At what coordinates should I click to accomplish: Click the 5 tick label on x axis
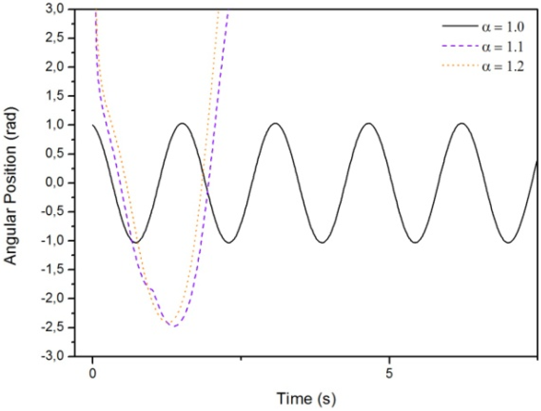coord(389,373)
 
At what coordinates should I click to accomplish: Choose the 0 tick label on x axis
coord(92,373)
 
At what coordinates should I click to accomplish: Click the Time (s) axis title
coord(306,398)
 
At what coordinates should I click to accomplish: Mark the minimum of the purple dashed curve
coord(174,326)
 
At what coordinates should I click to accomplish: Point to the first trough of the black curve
coord(136,243)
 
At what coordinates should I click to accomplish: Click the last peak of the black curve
coord(462,123)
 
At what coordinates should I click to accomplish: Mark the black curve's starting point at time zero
coord(92,125)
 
